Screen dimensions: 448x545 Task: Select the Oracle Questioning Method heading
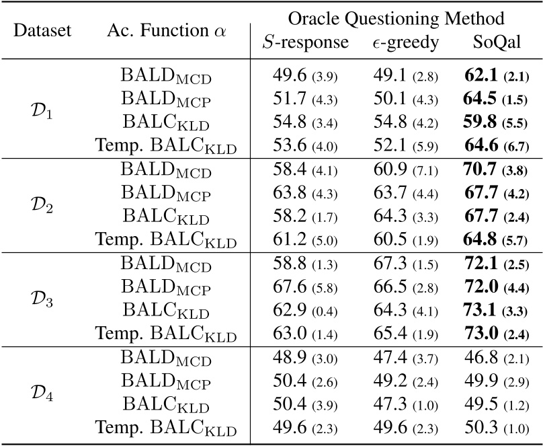click(x=395, y=18)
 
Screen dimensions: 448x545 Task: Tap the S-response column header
click(x=305, y=43)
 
